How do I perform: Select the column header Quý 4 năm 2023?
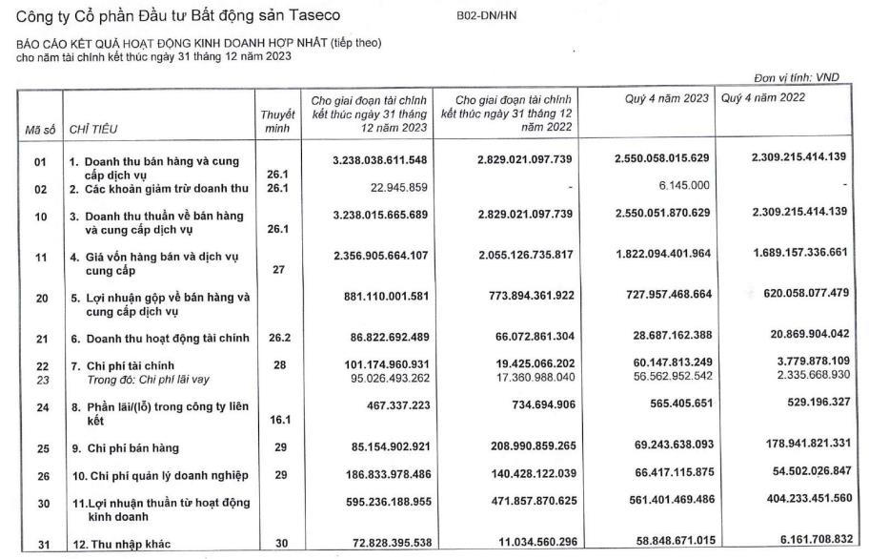click(667, 98)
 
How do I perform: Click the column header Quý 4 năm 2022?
click(763, 98)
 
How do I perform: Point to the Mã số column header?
click(40, 128)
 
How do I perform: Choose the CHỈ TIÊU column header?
click(93, 128)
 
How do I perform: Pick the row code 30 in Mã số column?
click(40, 502)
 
